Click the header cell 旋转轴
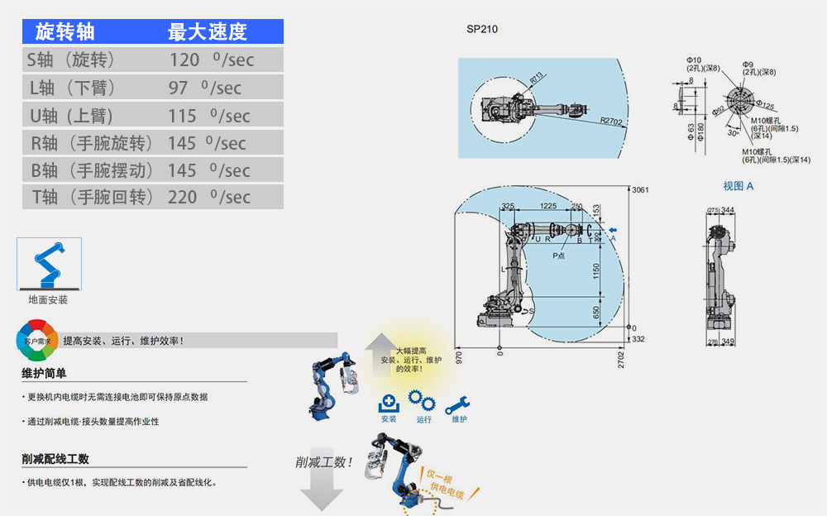pyautogui.click(x=65, y=32)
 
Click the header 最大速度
pyautogui.click(x=207, y=32)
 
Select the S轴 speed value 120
pyautogui.click(x=184, y=60)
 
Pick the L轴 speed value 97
pyautogui.click(x=179, y=88)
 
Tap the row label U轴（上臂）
pyautogui.click(x=71, y=116)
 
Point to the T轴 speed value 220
pyautogui.click(x=183, y=197)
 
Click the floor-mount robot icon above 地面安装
pyautogui.click(x=49, y=264)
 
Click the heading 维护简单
pyautogui.click(x=44, y=373)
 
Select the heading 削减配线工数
pyautogui.click(x=55, y=459)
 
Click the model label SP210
pyautogui.click(x=482, y=29)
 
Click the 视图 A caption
pyautogui.click(x=738, y=186)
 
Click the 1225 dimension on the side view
pyautogui.click(x=547, y=206)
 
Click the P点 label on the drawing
pyautogui.click(x=559, y=256)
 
